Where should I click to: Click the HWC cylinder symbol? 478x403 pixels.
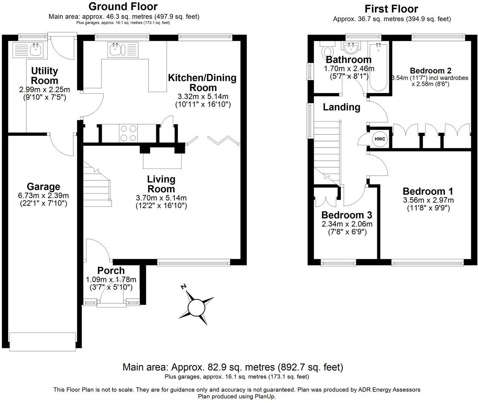tap(380, 139)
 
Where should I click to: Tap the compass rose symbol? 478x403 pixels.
tap(196, 307)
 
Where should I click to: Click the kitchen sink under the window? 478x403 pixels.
tap(123, 49)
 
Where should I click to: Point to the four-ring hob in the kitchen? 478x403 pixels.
tap(128, 134)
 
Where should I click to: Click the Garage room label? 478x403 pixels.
tap(44, 187)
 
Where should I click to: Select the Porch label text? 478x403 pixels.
tap(111, 271)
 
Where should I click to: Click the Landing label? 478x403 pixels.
tap(342, 107)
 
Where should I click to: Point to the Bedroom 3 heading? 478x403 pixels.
tap(347, 215)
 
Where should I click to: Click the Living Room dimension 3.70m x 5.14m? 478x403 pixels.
tap(161, 198)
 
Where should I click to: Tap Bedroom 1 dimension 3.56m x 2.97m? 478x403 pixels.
tap(428, 200)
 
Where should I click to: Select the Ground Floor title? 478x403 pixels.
tap(123, 6)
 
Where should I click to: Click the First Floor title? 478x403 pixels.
tap(392, 9)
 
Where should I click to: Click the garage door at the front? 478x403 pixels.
tap(42, 342)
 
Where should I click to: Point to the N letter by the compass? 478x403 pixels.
tap(183, 287)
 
